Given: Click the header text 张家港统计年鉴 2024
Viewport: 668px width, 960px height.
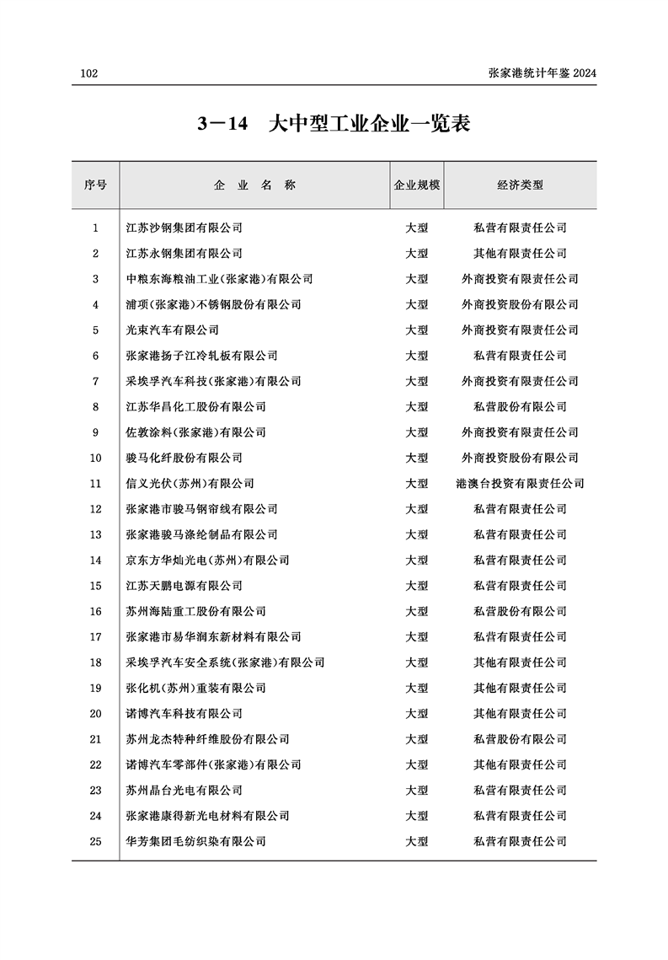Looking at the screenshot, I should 542,74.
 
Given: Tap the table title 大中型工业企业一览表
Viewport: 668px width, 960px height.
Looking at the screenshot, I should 368,125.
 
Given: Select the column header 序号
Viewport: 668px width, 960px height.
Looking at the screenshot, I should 95,185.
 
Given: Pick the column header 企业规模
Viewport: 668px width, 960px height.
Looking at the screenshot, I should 417,185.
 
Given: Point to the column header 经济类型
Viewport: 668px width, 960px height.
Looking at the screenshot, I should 520,185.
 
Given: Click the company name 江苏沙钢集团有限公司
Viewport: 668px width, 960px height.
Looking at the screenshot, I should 184,228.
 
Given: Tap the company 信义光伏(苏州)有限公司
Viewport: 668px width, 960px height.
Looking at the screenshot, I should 190,484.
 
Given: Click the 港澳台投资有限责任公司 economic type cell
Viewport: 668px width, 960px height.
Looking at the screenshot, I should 520,484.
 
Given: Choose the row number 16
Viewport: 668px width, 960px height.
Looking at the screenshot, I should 95,611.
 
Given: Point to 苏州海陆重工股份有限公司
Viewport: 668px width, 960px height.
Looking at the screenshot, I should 195,611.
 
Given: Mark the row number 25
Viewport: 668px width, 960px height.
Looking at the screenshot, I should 95,841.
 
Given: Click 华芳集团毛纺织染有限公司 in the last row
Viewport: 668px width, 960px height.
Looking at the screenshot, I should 195,841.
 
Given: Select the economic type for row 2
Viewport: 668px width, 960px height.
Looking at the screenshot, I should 520,253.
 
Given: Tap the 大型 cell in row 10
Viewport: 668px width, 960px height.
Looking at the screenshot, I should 417,458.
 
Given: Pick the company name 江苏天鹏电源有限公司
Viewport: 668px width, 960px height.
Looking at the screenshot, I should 184,586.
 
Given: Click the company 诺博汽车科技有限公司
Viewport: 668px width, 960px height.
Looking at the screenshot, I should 184,714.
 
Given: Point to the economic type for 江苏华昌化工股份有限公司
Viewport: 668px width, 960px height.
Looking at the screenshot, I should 520,406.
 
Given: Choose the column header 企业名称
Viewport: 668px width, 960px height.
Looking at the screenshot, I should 254,185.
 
